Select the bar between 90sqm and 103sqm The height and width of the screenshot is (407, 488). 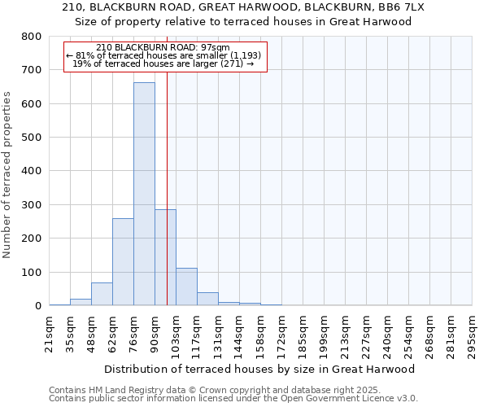(x=165, y=257)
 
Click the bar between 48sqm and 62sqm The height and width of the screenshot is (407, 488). (x=102, y=294)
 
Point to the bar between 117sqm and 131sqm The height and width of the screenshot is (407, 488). (x=207, y=299)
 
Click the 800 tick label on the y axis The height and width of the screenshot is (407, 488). (x=32, y=37)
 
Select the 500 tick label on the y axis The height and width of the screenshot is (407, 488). (x=32, y=138)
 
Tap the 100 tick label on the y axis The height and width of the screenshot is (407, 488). (x=32, y=273)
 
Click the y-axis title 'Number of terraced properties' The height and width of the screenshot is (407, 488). (x=7, y=174)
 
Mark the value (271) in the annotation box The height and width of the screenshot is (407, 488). (x=230, y=63)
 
